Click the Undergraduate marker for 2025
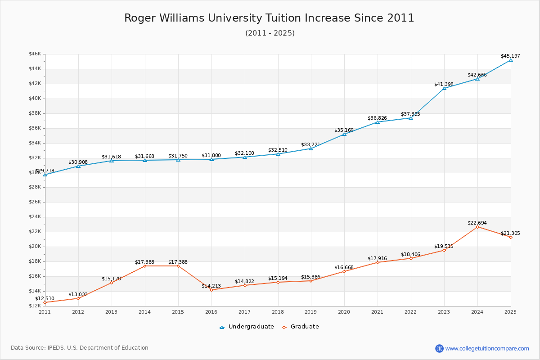511,60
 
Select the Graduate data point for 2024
477,227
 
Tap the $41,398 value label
444,84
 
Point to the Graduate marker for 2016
211,290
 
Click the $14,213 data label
211,286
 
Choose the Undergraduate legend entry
247,327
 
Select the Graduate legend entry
301,327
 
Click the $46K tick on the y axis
35,54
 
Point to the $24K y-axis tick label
35,217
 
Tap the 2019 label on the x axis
311,312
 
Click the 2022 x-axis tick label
410,312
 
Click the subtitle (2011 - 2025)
270,33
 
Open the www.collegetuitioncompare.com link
487,348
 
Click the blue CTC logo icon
439,348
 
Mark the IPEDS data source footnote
80,348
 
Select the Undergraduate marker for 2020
344,134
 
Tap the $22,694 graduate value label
477,223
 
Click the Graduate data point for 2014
145,266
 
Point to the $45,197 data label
510,56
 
